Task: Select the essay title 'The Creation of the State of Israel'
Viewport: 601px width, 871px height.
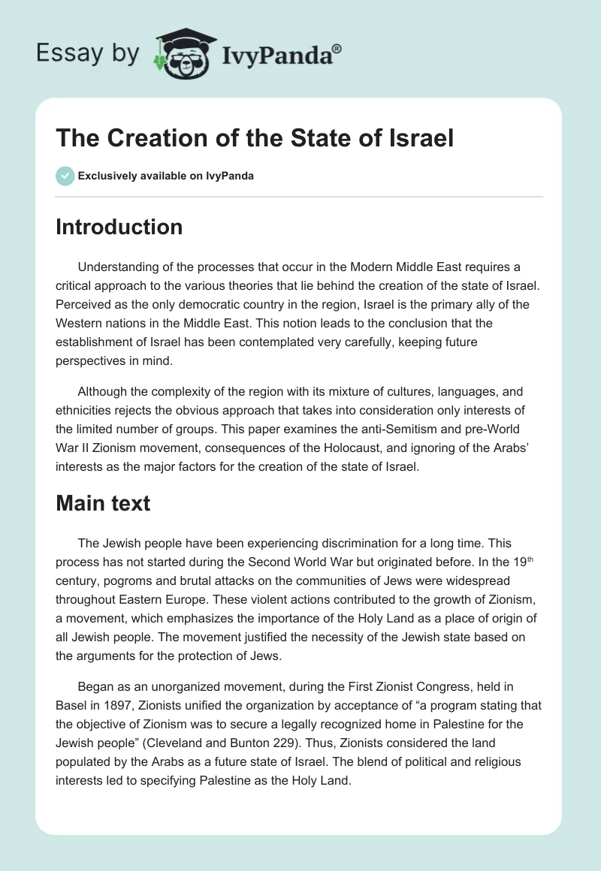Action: click(x=255, y=138)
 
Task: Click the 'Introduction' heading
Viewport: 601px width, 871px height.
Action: click(x=119, y=227)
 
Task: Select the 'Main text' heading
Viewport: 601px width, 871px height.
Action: click(x=103, y=503)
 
